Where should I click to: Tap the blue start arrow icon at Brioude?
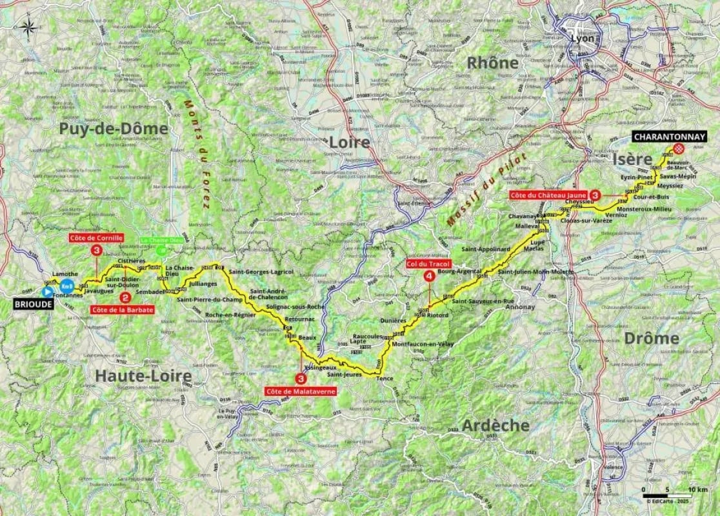pos(47,292)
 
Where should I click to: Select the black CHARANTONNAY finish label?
pos(669,137)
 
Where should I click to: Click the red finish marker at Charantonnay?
pos(679,149)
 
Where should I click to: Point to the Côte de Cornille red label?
pos(95,237)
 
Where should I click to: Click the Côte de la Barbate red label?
pos(123,310)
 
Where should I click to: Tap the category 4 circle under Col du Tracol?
pos(429,276)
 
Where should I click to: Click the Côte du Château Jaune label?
pos(548,194)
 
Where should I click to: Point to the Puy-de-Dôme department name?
pos(113,128)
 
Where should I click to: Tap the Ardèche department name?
pos(495,425)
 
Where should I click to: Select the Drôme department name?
pos(652,338)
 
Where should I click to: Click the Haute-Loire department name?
pos(143,375)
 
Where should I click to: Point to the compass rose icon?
pos(28,27)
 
